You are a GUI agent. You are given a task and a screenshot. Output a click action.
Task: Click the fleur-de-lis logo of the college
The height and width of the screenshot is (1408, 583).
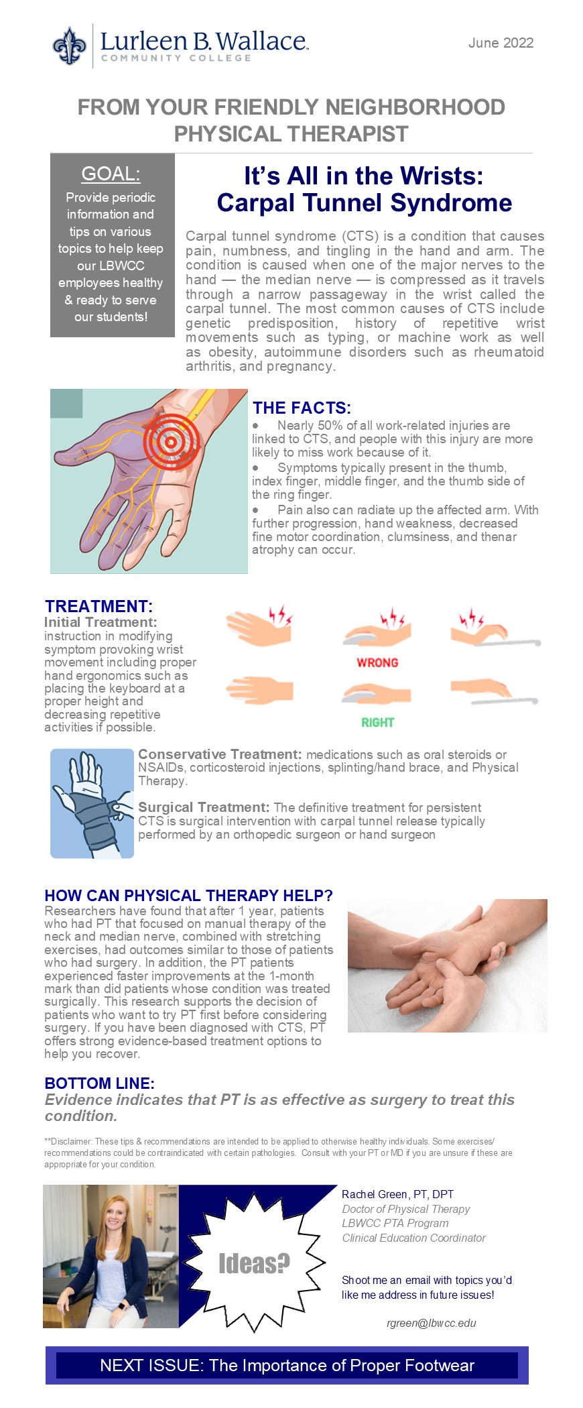(x=70, y=46)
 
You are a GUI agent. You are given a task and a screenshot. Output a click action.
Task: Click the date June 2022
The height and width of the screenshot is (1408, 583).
(x=501, y=43)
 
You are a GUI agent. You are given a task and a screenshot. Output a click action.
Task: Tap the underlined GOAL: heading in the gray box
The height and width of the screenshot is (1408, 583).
(x=111, y=174)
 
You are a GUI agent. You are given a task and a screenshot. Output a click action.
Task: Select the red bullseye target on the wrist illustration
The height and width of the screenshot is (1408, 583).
(x=172, y=440)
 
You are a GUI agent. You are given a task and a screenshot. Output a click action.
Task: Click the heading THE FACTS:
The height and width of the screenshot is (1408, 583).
(x=302, y=408)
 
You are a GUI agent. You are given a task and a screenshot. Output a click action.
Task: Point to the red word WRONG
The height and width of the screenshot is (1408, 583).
(x=377, y=662)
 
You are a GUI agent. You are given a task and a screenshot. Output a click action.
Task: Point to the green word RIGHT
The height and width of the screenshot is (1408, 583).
(x=377, y=722)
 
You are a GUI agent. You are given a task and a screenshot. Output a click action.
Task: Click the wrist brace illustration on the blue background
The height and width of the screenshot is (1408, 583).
(x=92, y=803)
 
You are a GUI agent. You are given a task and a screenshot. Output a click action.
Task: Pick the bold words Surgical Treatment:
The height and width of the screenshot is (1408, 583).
(x=204, y=807)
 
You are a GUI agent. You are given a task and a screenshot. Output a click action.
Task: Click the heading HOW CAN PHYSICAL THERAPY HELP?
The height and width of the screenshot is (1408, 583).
(x=188, y=896)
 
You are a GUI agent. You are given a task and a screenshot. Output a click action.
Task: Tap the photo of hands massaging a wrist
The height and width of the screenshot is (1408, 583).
(x=447, y=965)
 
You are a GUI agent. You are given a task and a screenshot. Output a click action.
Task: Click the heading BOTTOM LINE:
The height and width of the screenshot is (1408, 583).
(x=99, y=1083)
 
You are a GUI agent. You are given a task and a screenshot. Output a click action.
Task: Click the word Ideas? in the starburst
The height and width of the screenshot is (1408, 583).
(x=254, y=1263)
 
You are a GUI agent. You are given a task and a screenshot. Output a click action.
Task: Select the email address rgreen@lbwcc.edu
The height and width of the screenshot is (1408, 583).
(x=432, y=1323)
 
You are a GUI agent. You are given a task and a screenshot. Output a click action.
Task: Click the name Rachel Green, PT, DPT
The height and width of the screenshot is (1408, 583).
(x=397, y=1194)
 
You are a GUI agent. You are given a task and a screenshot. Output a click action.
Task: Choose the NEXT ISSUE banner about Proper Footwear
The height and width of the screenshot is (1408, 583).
(x=287, y=1365)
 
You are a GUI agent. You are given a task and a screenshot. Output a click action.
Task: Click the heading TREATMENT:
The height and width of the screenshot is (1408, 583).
(x=99, y=606)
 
